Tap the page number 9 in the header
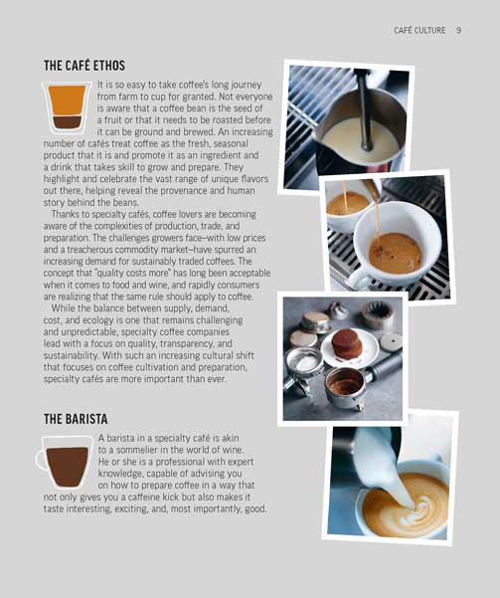pos(458,31)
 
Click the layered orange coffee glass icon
pos(68,107)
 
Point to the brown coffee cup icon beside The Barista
pos(68,461)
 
